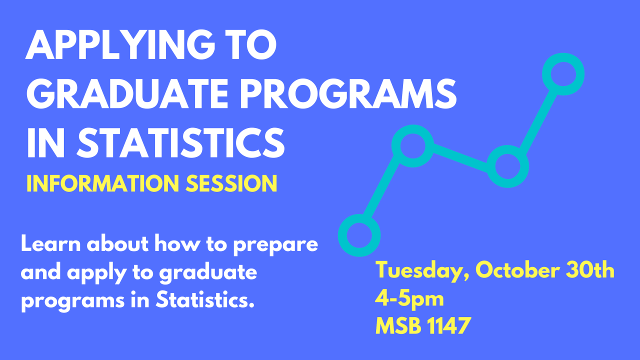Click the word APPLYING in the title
120,45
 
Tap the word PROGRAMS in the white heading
348,93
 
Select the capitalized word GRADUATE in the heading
127,93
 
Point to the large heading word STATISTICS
180,142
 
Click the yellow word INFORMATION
103,183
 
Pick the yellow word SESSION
231,183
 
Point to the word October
517,270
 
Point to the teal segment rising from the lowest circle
381,187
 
